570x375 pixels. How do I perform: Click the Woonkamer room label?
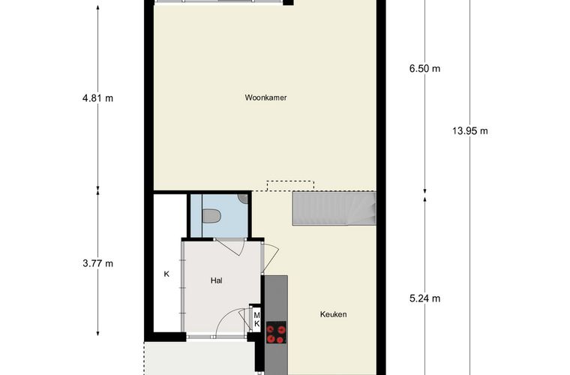[265, 97]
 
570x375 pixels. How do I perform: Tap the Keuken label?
[333, 314]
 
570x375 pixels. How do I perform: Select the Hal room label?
[216, 280]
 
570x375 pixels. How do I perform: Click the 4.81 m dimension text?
[97, 98]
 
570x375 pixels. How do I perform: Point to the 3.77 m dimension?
[97, 263]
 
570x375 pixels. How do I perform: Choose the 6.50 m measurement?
[424, 69]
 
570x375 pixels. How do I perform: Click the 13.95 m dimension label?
[470, 130]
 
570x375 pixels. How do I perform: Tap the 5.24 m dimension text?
[424, 298]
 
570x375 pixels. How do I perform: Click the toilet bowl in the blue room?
[211, 216]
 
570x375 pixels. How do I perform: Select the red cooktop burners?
[276, 334]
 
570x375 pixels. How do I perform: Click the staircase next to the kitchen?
[334, 209]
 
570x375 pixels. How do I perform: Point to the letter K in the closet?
[166, 274]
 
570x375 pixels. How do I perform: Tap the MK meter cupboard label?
[256, 319]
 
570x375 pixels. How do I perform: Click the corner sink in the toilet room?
[244, 199]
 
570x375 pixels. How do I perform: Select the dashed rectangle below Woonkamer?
[290, 186]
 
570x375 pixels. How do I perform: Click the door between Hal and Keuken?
[270, 258]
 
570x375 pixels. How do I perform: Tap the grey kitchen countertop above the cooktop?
[276, 298]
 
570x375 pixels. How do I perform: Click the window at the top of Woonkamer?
[219, 1]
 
